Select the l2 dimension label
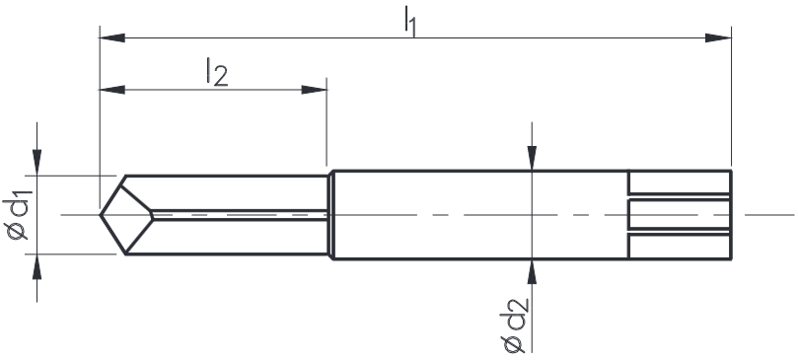pos(216,73)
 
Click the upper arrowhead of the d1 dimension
pos(37,164)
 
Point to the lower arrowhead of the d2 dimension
pos(532,272)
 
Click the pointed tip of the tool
pos(101,214)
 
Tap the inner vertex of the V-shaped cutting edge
pos(152,214)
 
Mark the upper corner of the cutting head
pos(125,177)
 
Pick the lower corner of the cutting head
pos(125,254)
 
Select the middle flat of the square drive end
pos(680,214)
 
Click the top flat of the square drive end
pos(680,182)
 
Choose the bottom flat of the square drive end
pos(680,247)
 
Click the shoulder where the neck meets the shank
pos(330,214)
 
